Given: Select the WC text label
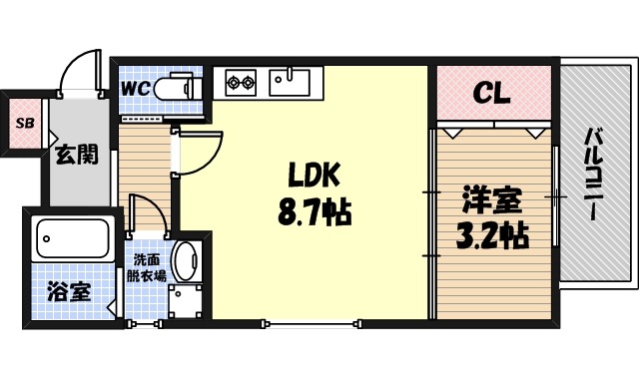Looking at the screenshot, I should pyautogui.click(x=136, y=88).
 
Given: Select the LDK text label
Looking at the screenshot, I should pyautogui.click(x=315, y=176).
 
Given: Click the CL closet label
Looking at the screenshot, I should pyautogui.click(x=491, y=94).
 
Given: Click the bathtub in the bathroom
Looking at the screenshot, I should pyautogui.click(x=72, y=238).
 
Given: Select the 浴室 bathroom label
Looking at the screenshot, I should pyautogui.click(x=70, y=292).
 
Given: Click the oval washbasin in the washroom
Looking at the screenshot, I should pyautogui.click(x=186, y=261).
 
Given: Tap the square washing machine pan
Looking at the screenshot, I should pyautogui.click(x=186, y=302).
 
